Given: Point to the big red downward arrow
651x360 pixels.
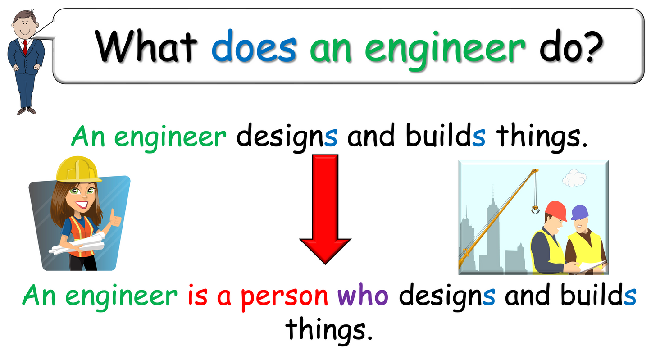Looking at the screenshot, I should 325,207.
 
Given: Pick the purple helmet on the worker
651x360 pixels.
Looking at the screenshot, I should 580,212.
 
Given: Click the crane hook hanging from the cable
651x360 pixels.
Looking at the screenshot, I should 536,209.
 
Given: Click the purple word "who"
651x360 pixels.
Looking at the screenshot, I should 363,296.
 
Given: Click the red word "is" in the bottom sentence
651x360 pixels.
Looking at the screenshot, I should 197,296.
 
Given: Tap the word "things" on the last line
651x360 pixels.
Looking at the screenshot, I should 330,330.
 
